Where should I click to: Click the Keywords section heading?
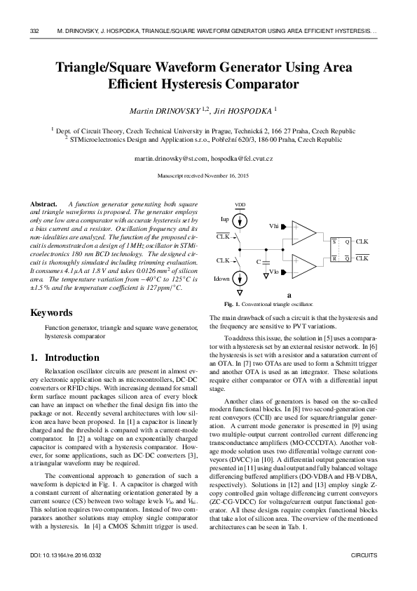click(x=51, y=312)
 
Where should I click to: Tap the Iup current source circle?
click(x=240, y=220)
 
